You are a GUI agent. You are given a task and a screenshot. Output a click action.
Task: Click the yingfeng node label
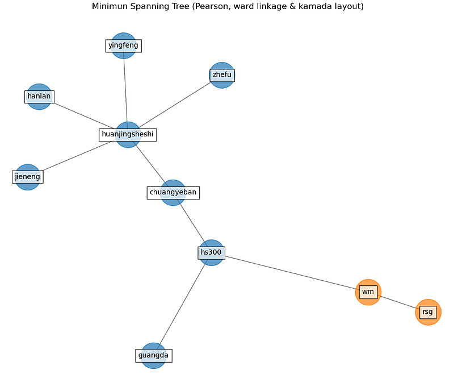pos(123,45)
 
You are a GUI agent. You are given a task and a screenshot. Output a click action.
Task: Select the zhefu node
pos(222,75)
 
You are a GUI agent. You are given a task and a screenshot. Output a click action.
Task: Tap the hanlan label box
pos(39,96)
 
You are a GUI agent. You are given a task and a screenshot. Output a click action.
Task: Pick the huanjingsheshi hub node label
pos(128,135)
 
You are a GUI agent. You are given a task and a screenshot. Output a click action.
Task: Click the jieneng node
pos(27,177)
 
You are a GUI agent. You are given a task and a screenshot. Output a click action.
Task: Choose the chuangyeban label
pos(173,193)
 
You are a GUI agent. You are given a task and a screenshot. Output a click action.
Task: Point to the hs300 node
pos(211,252)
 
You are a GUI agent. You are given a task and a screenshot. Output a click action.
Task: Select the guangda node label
pos(153,355)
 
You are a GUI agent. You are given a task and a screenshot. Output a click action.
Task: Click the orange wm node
pos(368,292)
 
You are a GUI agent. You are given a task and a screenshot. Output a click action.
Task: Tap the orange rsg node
pos(428,312)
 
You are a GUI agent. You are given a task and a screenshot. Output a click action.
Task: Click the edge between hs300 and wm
pos(289,272)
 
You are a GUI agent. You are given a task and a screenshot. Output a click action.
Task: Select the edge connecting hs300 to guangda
pos(182,304)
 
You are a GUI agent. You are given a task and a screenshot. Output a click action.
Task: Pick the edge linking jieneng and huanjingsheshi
pos(78,156)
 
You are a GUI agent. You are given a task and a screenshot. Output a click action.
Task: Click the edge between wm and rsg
pos(398,302)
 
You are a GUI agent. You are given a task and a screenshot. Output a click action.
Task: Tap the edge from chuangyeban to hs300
pos(192,223)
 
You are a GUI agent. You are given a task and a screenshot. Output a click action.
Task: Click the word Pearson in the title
pos(208,6)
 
